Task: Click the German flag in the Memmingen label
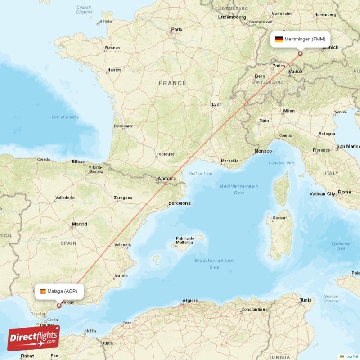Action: coord(279,39)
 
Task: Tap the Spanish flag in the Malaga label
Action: coord(43,291)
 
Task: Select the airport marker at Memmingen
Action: coord(300,54)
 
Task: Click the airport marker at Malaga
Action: coord(59,305)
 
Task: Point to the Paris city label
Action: coord(177,30)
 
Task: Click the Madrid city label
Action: coord(80,224)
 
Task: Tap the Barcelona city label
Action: coord(180,203)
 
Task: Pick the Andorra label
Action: coord(166,179)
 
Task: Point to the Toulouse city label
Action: coord(166,154)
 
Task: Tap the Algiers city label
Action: coord(190,301)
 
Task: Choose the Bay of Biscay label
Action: coord(65,117)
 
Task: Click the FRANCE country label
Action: coord(172,83)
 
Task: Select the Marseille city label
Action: coord(229,161)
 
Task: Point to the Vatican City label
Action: coord(323,194)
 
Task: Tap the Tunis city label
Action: coord(306,300)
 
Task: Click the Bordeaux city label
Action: coord(123,126)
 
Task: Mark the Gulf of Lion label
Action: coord(201,173)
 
